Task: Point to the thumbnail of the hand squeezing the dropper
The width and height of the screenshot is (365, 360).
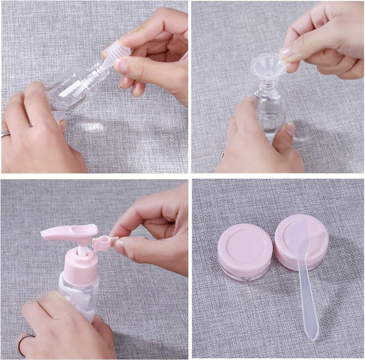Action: [122, 65]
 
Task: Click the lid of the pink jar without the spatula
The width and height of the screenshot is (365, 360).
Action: [245, 244]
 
